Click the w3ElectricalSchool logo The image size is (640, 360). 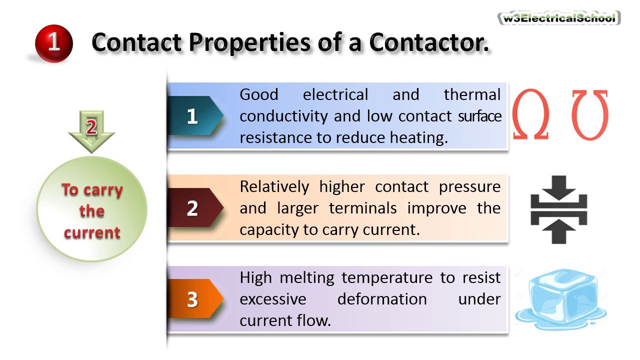pos(559,18)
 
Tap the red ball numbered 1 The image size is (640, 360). pos(54,43)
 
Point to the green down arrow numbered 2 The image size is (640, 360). pos(91,129)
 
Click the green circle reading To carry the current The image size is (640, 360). pos(92,210)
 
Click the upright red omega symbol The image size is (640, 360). pos(530,114)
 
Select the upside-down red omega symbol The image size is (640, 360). pos(590,114)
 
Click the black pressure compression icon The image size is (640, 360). pos(558,209)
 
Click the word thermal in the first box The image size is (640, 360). pos(471,94)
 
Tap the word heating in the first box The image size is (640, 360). pos(420,137)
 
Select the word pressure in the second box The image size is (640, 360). pos(469,186)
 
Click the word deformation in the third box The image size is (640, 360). pos(381,299)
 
